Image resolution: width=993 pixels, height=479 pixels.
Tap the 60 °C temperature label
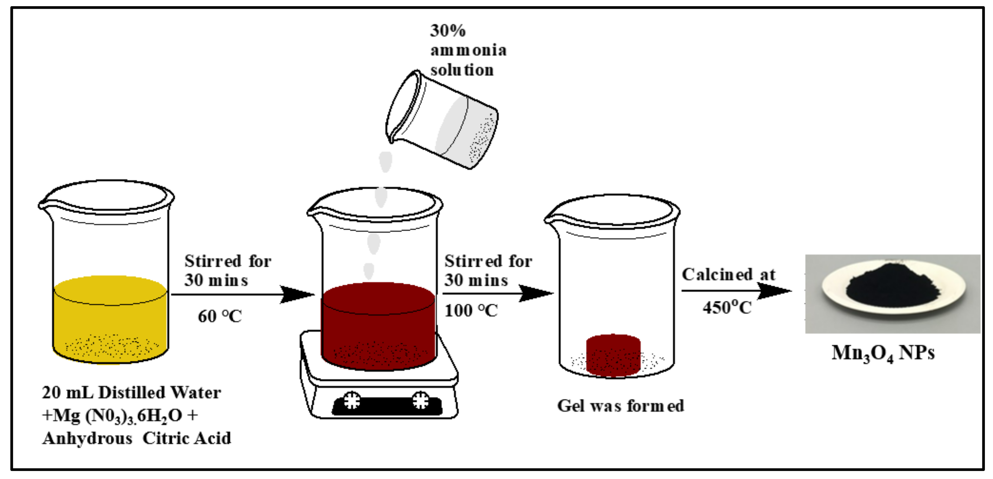tap(220, 316)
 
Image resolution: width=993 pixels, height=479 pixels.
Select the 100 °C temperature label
tap(471, 311)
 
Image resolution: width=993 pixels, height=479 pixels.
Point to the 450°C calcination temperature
tap(727, 308)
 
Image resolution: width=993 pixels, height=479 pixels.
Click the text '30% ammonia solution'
tap(467, 50)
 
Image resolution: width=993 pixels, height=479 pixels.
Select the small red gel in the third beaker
tap(613, 354)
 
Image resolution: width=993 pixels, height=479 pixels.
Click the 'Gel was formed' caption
tap(620, 406)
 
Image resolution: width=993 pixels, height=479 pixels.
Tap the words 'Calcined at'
tap(728, 274)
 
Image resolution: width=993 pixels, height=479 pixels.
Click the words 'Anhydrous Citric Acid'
tap(137, 438)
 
